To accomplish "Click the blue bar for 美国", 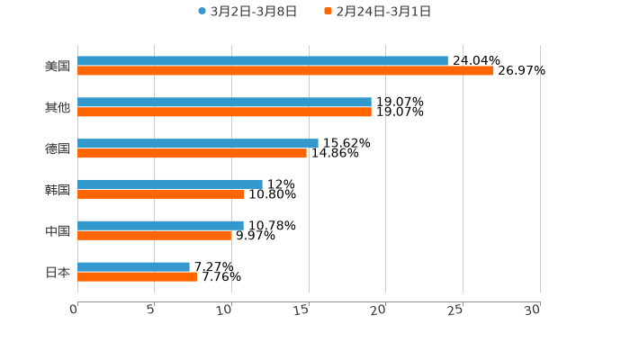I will (263, 61).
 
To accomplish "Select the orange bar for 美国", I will (285, 71).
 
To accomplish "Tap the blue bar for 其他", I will (224, 103).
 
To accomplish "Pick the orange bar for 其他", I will (224, 112).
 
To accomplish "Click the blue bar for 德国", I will (198, 143).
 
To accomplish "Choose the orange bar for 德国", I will (192, 154).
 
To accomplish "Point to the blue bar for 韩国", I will (170, 184).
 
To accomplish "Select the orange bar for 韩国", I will (161, 194).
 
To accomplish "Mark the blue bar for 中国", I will (160, 225).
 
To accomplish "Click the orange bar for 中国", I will (155, 236).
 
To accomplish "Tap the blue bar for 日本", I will (133, 266).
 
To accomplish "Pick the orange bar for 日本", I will (137, 277).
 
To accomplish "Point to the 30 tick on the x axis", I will (533, 310).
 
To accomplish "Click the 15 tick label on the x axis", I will (301, 310).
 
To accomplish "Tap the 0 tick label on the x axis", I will (75, 310).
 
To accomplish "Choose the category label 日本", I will (58, 272).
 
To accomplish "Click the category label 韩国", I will (58, 190).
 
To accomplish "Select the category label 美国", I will (58, 67).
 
